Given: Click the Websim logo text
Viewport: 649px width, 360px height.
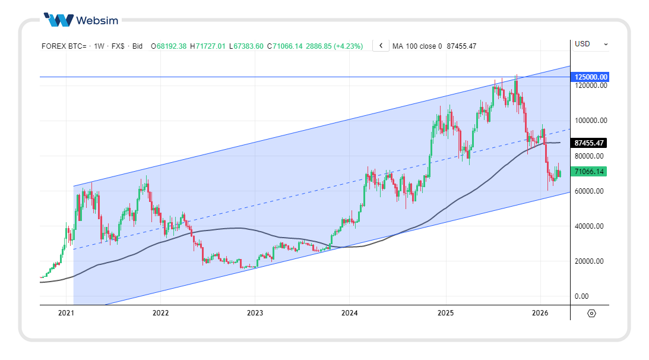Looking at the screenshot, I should (97, 20).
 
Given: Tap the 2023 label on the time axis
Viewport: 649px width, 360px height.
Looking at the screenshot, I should (255, 312).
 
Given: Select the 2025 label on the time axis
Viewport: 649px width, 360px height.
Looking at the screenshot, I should (445, 312).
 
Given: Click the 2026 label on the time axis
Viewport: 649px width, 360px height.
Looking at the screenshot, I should (540, 312).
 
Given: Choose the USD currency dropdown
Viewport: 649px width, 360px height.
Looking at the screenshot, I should (590, 44).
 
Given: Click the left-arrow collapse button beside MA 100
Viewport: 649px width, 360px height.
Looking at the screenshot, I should (381, 46).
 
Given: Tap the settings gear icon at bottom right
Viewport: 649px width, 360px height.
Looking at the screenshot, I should (591, 313).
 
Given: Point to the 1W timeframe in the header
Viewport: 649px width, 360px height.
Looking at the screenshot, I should (99, 46).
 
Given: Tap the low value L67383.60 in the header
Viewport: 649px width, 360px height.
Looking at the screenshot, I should (248, 46).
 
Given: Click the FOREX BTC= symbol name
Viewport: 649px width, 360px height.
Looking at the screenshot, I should (64, 46).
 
